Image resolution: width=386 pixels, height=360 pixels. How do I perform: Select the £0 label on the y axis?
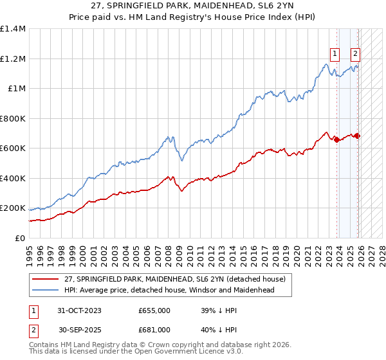tap(19, 239)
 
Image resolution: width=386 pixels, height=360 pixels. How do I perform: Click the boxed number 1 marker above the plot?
tap(335, 54)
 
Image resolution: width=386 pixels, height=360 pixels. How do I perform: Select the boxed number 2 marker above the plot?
tap(355, 54)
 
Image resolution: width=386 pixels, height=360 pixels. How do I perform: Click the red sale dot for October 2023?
tap(336, 139)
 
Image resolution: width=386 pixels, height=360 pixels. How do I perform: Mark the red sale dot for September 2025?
tap(357, 136)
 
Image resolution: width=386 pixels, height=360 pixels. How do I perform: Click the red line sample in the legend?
tap(46, 278)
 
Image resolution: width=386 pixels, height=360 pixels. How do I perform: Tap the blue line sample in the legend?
tap(46, 290)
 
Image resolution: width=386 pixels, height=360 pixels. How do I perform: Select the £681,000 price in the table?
tap(154, 330)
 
